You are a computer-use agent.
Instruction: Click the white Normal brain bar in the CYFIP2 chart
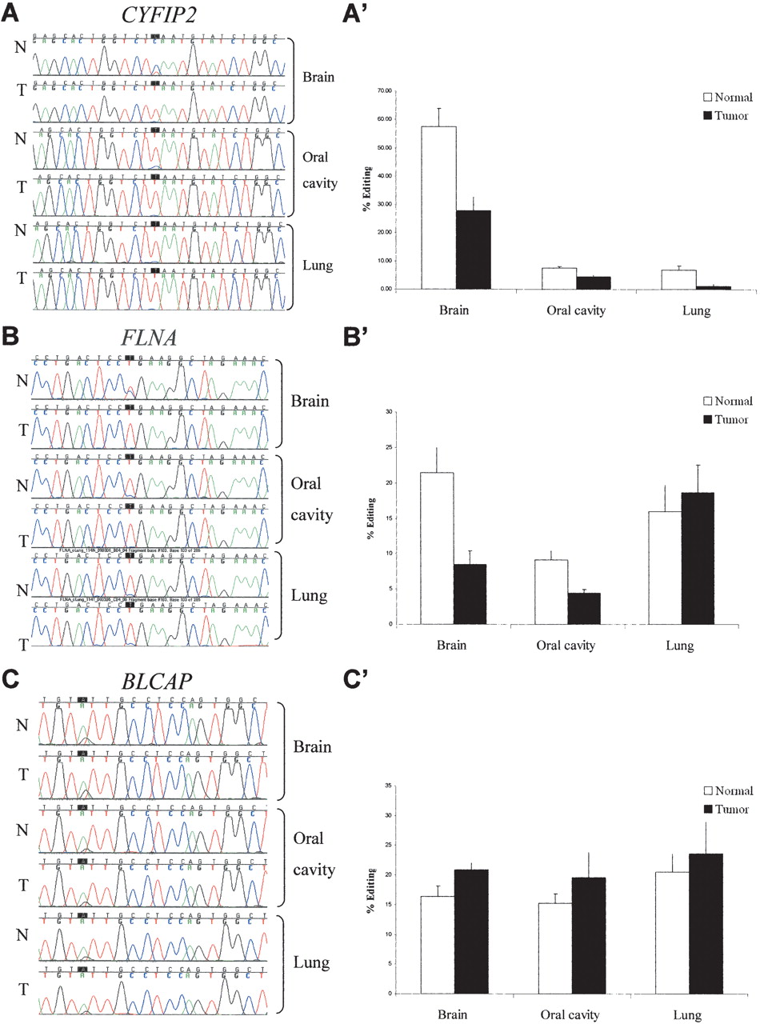tap(439, 207)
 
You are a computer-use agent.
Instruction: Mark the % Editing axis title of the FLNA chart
tap(370, 518)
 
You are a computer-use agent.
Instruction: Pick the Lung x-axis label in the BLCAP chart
tap(686, 1015)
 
